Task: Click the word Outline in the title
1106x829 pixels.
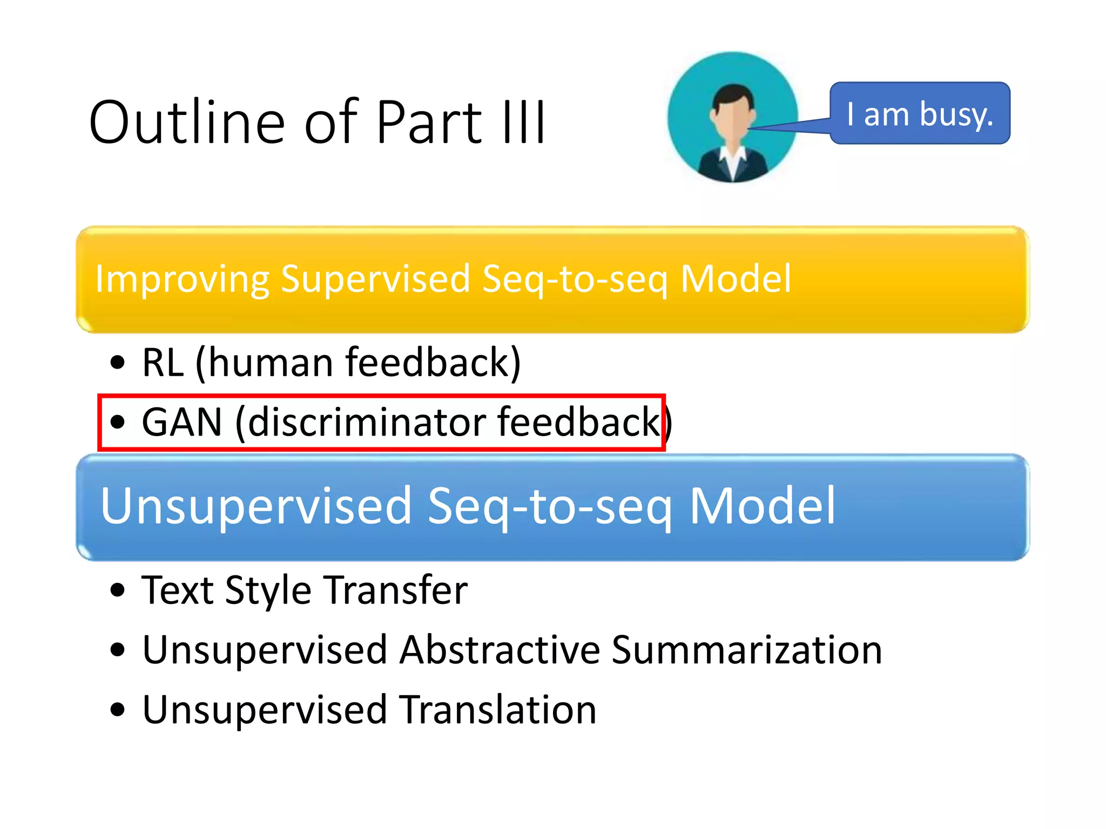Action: click(187, 123)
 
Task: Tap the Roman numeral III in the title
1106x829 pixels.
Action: click(523, 123)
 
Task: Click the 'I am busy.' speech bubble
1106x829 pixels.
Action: click(919, 114)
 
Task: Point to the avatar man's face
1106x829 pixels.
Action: click(732, 119)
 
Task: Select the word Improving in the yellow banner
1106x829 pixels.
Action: click(181, 279)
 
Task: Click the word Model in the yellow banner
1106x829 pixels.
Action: click(736, 279)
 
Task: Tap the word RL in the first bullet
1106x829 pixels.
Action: click(162, 363)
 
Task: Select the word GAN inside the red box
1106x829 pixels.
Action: click(182, 422)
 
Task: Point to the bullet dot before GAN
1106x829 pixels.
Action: click(117, 422)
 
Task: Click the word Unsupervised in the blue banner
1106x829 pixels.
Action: click(256, 506)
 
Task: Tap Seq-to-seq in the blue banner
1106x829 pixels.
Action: click(550, 506)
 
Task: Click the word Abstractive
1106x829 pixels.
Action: click(500, 650)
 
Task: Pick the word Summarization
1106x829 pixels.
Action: click(746, 650)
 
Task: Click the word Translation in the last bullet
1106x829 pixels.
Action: click(498, 710)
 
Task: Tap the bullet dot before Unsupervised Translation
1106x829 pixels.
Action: click(117, 710)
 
